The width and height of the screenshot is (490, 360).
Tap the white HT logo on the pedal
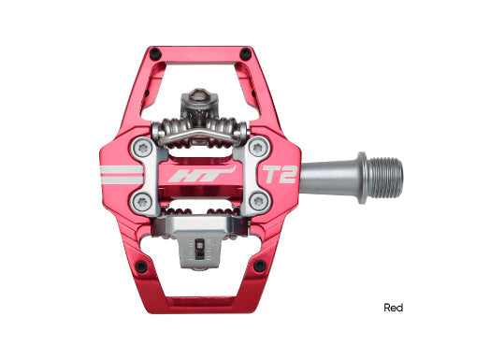pos(191,175)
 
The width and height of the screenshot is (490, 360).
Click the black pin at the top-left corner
pos(155,53)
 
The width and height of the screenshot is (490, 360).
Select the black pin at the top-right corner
pos(244,53)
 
